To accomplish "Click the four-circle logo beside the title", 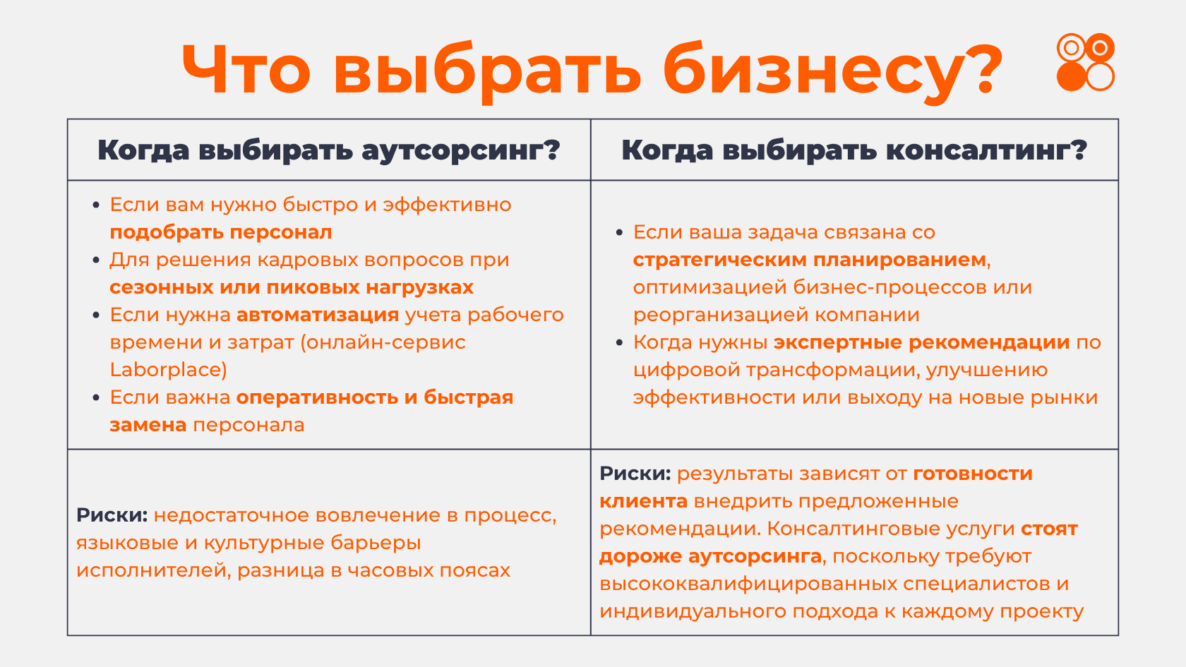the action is pyautogui.click(x=1086, y=62).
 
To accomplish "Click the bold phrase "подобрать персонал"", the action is pyautogui.click(x=221, y=233).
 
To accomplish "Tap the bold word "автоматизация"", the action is pyautogui.click(x=318, y=315).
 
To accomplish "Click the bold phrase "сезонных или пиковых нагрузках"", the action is pyautogui.click(x=292, y=287).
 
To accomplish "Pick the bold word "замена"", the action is pyautogui.click(x=148, y=425).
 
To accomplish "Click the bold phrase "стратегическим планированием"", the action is pyautogui.click(x=810, y=260).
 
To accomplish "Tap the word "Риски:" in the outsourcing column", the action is pyautogui.click(x=112, y=515).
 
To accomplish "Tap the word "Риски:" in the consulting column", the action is pyautogui.click(x=635, y=473).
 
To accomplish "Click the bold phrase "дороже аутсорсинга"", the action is pyautogui.click(x=710, y=556).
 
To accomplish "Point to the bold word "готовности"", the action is pyautogui.click(x=973, y=474).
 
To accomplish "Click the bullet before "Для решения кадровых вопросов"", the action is pyautogui.click(x=96, y=260).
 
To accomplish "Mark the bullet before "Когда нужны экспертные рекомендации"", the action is pyautogui.click(x=620, y=342).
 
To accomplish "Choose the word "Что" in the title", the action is pyautogui.click(x=246, y=70).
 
